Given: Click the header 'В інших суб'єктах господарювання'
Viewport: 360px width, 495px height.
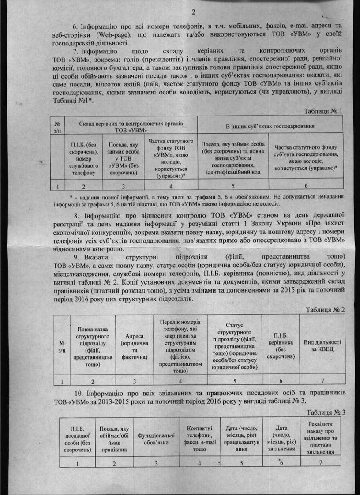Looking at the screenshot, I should point(270,127).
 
